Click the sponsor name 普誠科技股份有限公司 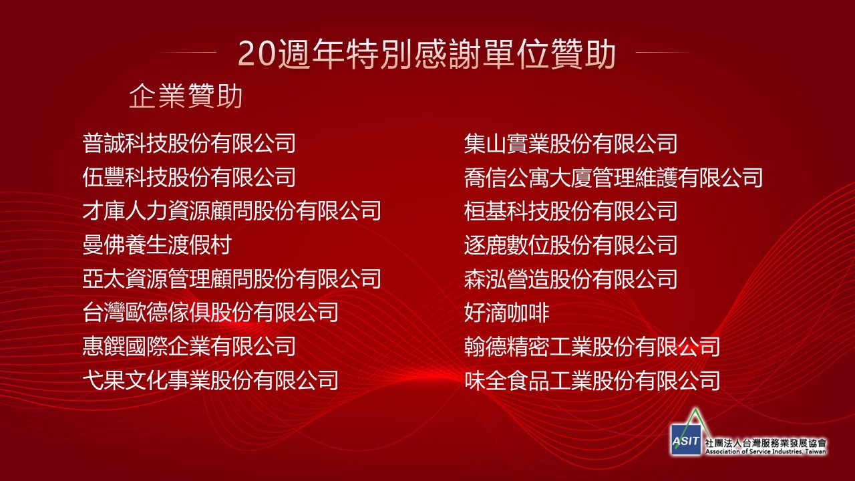point(189,143)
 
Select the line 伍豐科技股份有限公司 point(189,177)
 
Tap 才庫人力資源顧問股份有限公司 point(232,210)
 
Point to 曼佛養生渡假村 point(157,245)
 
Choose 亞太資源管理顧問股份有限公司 point(232,279)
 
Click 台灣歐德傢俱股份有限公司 point(210,312)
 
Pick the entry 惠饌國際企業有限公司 point(189,346)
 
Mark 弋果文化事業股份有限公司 point(210,380)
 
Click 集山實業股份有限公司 point(570,143)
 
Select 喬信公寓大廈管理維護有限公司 point(613,177)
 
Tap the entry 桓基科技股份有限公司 point(570,210)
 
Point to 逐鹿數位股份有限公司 point(570,245)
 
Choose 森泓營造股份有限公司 point(570,279)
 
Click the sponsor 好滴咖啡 point(507,312)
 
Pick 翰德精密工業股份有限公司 point(592,346)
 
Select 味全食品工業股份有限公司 point(592,380)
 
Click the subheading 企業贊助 point(186,96)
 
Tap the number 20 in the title point(256,54)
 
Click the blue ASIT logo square point(686,440)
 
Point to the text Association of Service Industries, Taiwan point(765,452)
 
